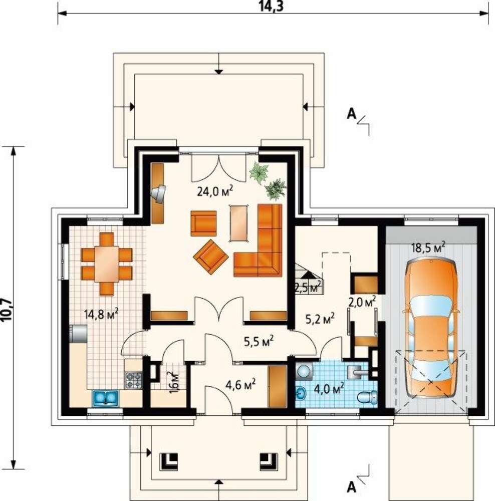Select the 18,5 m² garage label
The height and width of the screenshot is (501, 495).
(428, 247)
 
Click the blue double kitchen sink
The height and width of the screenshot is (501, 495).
(105, 398)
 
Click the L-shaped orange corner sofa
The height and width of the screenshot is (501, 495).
(258, 240)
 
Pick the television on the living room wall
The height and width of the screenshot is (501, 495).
(158, 193)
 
